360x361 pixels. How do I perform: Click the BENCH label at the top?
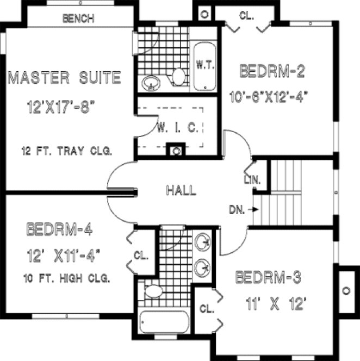[x=79, y=18]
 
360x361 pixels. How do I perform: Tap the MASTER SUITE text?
[x=64, y=78]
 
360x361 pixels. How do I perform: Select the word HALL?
[x=181, y=190]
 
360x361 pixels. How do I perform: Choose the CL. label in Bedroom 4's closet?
[x=139, y=254]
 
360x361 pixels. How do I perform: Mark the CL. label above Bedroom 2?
[x=247, y=16]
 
